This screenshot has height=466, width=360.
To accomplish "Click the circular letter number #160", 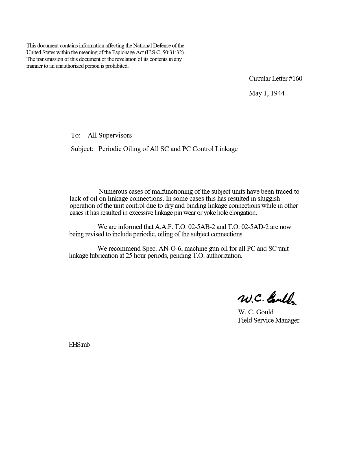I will click(x=296, y=79).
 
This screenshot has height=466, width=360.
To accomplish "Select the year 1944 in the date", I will click(x=278, y=93).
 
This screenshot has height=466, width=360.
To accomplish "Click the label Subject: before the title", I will click(x=82, y=149).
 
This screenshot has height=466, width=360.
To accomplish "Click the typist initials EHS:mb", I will click(x=79, y=345).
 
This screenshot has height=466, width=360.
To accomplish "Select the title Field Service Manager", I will click(x=269, y=320).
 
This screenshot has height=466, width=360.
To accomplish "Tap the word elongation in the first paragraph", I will click(x=243, y=213).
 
